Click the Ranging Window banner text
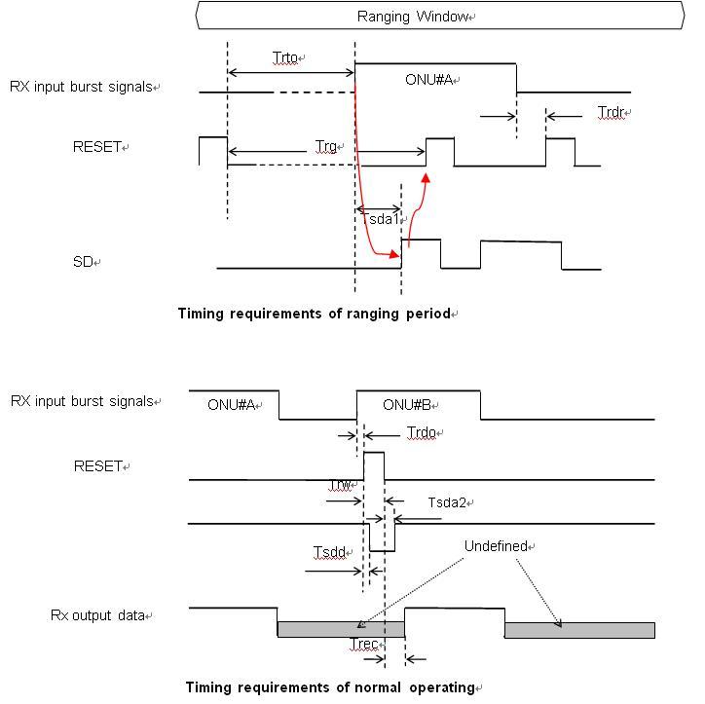414,17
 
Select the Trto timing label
285,59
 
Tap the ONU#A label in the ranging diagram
429,80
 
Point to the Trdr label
610,114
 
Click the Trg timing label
326,147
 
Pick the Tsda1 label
378,220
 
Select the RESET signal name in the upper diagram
97,147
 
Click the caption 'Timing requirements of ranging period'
315,314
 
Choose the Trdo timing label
422,431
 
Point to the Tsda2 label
447,502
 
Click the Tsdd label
329,552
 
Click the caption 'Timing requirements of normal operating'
329,687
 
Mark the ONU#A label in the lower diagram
230,405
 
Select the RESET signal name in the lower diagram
98,466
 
